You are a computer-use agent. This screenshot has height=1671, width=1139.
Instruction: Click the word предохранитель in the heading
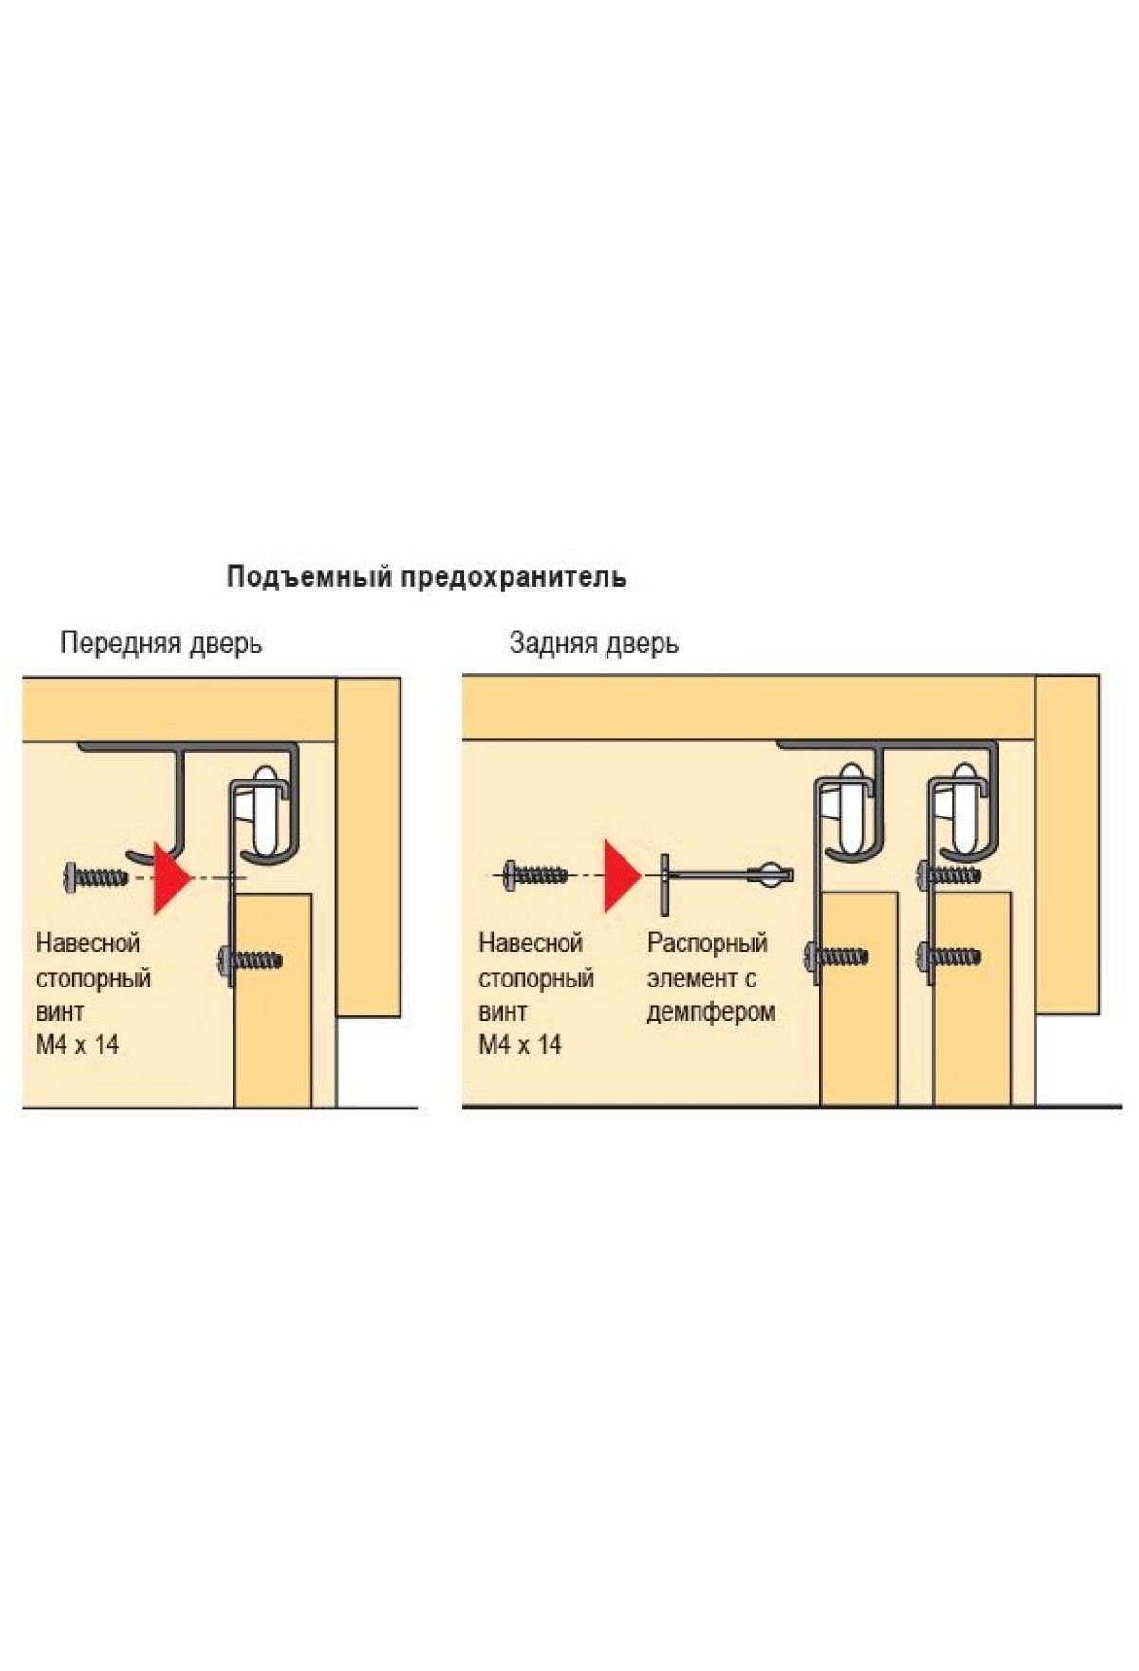[x=513, y=577]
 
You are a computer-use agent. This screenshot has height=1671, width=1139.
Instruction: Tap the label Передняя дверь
[x=160, y=644]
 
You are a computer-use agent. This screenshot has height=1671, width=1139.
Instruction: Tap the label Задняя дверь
[x=593, y=644]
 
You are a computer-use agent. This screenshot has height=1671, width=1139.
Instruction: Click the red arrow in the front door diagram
[x=170, y=877]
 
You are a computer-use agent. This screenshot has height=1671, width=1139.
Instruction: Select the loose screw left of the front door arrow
[x=95, y=876]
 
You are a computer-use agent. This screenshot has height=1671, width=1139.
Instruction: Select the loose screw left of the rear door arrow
[x=535, y=874]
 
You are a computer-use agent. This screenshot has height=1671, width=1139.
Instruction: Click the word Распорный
[x=707, y=944]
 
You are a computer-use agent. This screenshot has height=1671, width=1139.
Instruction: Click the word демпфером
[x=711, y=1012]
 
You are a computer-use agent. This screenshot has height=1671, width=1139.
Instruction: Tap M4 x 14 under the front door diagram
[x=77, y=1045]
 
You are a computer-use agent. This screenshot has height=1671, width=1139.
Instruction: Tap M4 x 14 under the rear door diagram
[x=519, y=1045]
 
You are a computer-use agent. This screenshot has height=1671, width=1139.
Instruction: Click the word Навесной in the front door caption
[x=87, y=944]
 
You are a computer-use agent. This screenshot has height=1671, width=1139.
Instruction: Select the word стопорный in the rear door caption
[x=536, y=978]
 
